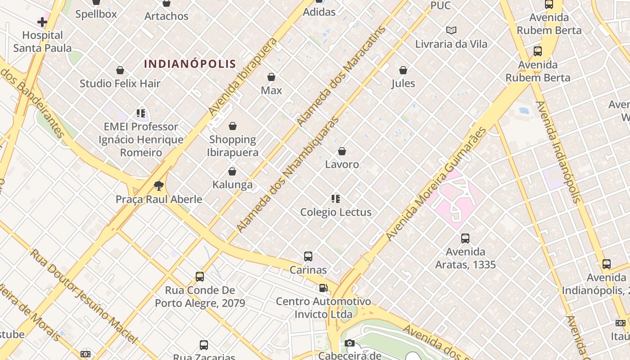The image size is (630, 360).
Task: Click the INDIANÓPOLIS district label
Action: pyautogui.click(x=190, y=64)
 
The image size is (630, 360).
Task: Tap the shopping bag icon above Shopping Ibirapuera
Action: pyautogui.click(x=233, y=126)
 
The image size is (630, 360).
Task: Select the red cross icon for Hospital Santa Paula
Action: pyautogui.click(x=42, y=22)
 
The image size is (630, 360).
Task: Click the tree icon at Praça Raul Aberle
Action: pyautogui.click(x=158, y=185)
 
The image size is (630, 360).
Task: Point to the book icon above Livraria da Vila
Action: pyautogui.click(x=451, y=30)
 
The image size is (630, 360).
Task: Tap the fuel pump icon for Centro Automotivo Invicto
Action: pyautogui.click(x=323, y=288)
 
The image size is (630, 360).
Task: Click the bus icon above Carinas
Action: pyautogui.click(x=308, y=256)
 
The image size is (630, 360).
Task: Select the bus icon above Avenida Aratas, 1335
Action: pyautogui.click(x=465, y=238)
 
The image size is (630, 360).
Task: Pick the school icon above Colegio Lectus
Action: pyautogui.click(x=336, y=198)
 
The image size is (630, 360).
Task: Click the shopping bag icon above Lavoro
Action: pyautogui.click(x=342, y=151)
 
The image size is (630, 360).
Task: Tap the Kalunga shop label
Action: pyautogui.click(x=232, y=184)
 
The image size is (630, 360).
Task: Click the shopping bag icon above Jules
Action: pyautogui.click(x=403, y=70)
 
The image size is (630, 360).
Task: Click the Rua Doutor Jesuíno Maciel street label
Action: pyautogui.click(x=83, y=295)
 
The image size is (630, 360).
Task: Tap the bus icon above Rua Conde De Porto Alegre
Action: pyautogui.click(x=200, y=276)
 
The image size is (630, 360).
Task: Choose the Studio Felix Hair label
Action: pyautogui.click(x=120, y=83)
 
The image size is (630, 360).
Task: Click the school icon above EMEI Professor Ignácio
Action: pyautogui.click(x=141, y=113)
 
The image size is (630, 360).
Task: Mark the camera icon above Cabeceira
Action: pyautogui.click(x=350, y=343)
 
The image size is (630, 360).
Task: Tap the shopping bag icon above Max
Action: pyautogui.click(x=271, y=77)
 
